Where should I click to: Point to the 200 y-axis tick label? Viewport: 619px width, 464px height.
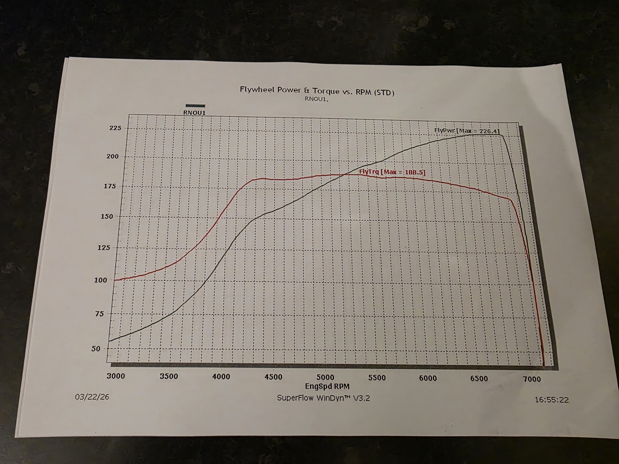(x=113, y=156)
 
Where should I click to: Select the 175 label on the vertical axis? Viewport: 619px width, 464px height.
(x=110, y=186)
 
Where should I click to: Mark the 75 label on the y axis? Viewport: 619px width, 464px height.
(x=99, y=314)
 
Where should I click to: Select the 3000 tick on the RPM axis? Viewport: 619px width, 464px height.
(x=116, y=376)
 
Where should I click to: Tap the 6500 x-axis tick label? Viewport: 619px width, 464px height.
(x=479, y=379)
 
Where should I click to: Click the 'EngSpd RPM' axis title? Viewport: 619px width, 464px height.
(x=327, y=386)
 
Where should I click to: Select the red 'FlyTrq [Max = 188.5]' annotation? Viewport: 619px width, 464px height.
(x=392, y=172)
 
